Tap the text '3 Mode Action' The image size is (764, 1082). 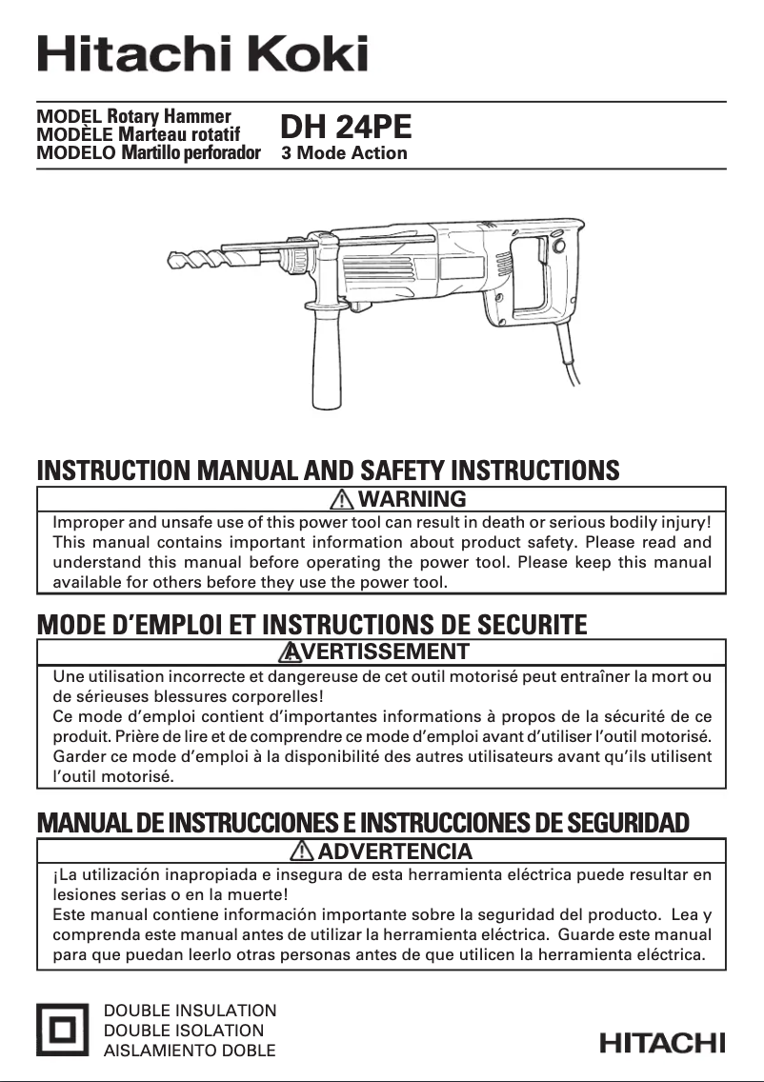344,152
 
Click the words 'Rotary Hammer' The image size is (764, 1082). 169,117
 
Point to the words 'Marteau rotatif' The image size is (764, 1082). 179,134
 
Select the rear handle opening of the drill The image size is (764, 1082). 530,275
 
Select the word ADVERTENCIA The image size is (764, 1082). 393,850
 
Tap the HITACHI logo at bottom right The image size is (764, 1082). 662,1043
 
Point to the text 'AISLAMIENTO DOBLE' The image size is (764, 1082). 189,1051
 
